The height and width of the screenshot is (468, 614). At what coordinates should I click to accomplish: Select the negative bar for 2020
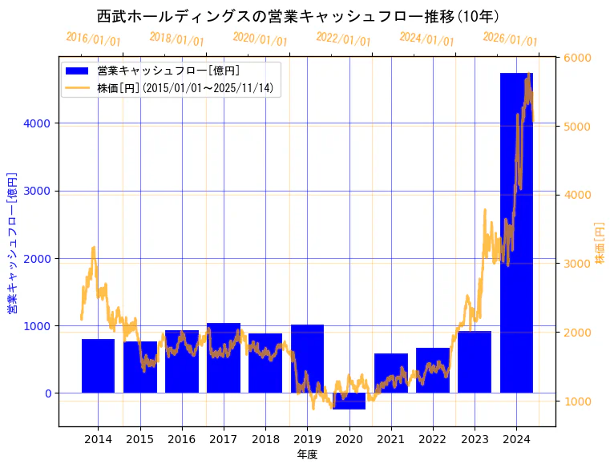(349, 401)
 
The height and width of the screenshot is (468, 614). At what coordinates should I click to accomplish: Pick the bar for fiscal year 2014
(98, 365)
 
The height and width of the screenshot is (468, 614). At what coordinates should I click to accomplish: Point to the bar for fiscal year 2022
(433, 370)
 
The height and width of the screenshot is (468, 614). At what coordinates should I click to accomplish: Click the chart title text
(298, 16)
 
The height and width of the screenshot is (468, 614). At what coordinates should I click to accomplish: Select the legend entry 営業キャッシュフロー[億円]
(168, 71)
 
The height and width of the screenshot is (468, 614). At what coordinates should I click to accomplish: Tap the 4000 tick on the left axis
(40, 123)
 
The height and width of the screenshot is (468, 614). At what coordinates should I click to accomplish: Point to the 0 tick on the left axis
(48, 393)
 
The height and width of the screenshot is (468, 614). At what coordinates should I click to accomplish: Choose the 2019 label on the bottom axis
(307, 439)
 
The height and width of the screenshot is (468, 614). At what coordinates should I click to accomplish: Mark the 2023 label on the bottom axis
(475, 439)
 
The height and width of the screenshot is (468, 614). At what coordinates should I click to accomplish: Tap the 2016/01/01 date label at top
(93, 38)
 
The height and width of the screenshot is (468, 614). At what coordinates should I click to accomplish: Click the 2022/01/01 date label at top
(343, 38)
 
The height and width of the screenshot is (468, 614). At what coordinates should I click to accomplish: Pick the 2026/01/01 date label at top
(510, 38)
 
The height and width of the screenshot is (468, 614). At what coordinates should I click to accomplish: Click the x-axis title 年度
(307, 454)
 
